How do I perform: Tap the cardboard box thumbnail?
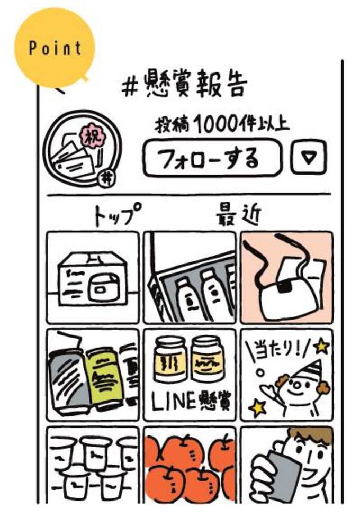tap(93, 277)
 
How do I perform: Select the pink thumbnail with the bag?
tap(286, 277)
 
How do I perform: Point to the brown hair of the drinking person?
tap(312, 437)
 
